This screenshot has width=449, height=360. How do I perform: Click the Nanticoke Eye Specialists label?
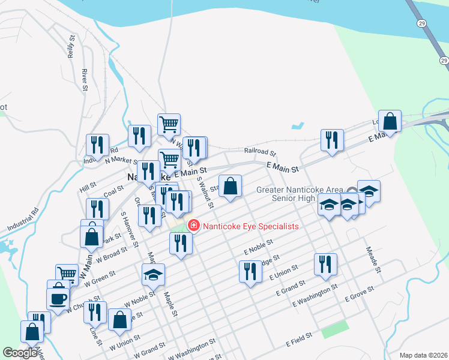(x=251, y=226)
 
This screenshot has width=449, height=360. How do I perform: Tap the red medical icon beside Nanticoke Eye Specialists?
(x=194, y=226)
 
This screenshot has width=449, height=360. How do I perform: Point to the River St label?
(x=85, y=80)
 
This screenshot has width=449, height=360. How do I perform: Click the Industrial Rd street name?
(x=23, y=220)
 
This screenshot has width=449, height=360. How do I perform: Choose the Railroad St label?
(x=259, y=152)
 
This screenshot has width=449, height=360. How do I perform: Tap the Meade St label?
(x=372, y=258)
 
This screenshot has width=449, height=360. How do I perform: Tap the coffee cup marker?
(x=58, y=298)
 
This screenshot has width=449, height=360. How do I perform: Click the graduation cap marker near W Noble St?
(x=153, y=275)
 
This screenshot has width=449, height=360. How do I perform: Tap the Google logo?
(x=20, y=353)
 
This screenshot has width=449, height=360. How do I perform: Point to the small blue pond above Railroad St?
(x=297, y=127)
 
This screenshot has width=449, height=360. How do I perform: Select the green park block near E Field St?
(x=334, y=329)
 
